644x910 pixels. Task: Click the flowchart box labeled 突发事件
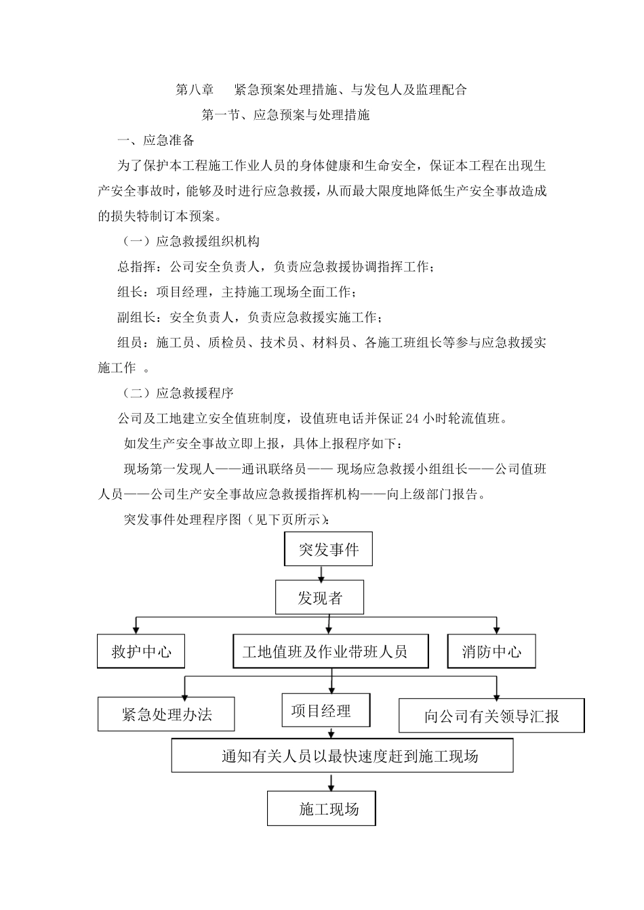pyautogui.click(x=328, y=549)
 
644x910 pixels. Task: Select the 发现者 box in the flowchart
pyautogui.click(x=319, y=597)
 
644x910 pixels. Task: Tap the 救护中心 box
pyautogui.click(x=141, y=651)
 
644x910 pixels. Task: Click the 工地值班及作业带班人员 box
pyautogui.click(x=330, y=651)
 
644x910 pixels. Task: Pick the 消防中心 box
pyautogui.click(x=491, y=651)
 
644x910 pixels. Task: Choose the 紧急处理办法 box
pyautogui.click(x=166, y=714)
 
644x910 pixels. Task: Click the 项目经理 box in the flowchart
pyautogui.click(x=326, y=710)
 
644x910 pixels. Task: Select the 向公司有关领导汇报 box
pyautogui.click(x=491, y=716)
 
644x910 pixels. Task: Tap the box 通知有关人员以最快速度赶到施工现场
pyautogui.click(x=342, y=755)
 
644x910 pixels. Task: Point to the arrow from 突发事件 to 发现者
pyautogui.click(x=321, y=573)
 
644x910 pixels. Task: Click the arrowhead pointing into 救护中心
pyautogui.click(x=138, y=629)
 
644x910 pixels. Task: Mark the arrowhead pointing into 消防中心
pyautogui.click(x=497, y=629)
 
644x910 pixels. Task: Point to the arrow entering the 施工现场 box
pyautogui.click(x=331, y=783)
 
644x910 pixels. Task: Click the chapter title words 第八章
pyautogui.click(x=195, y=89)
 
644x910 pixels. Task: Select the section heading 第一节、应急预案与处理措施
pyautogui.click(x=285, y=115)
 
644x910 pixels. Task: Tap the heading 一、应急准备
pyautogui.click(x=156, y=141)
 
